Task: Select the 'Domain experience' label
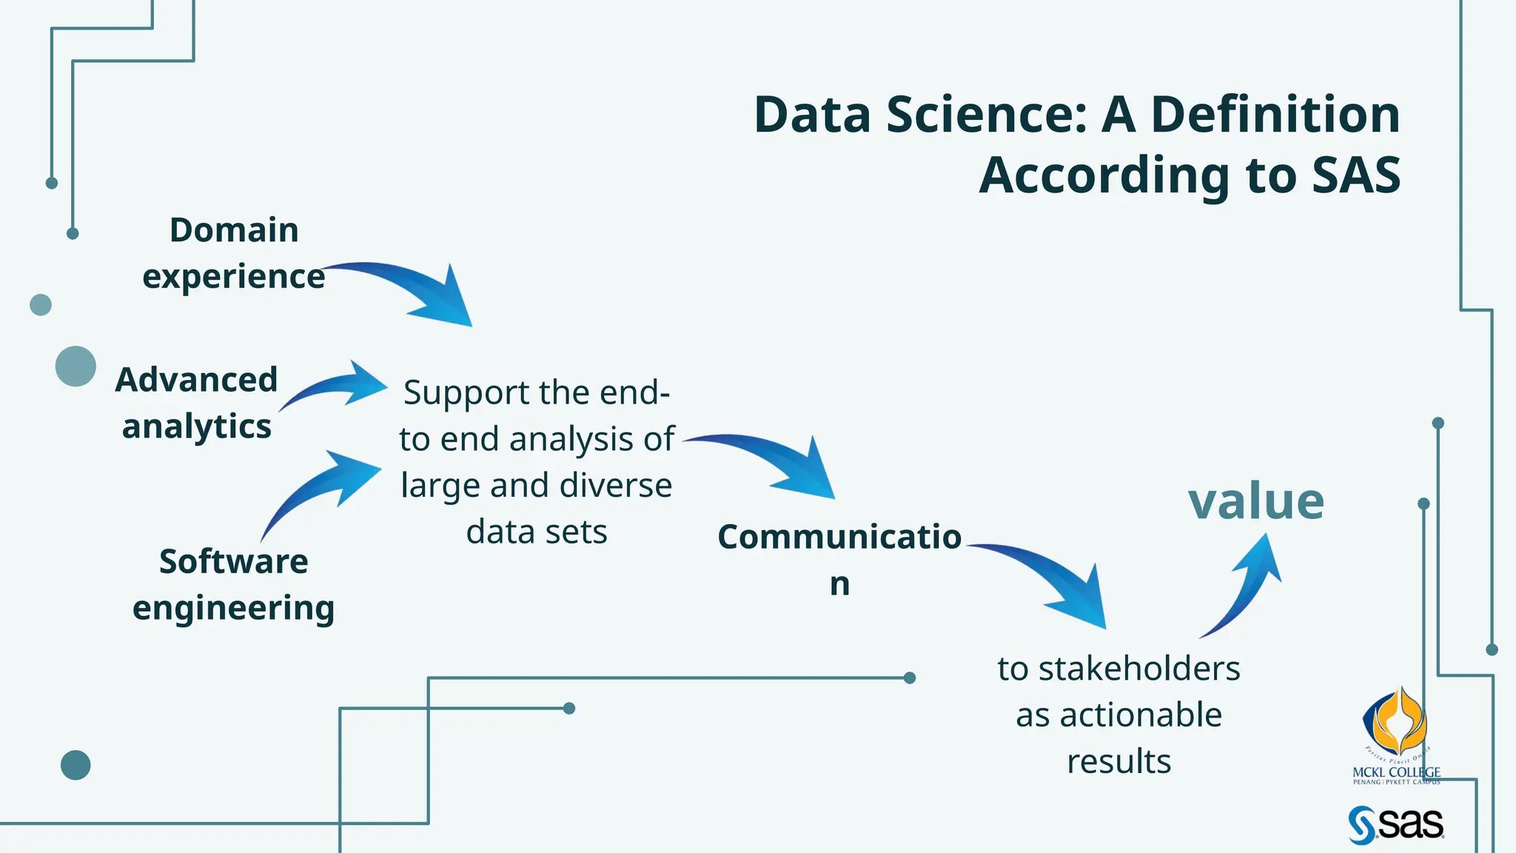(x=234, y=252)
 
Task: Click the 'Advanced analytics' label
(x=197, y=403)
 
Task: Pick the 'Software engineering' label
(x=234, y=584)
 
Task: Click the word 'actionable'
(x=1141, y=715)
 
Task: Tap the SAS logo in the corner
(x=1395, y=825)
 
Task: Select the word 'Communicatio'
(x=839, y=537)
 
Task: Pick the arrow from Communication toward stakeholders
(x=1051, y=581)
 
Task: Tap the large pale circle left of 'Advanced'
(x=76, y=366)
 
